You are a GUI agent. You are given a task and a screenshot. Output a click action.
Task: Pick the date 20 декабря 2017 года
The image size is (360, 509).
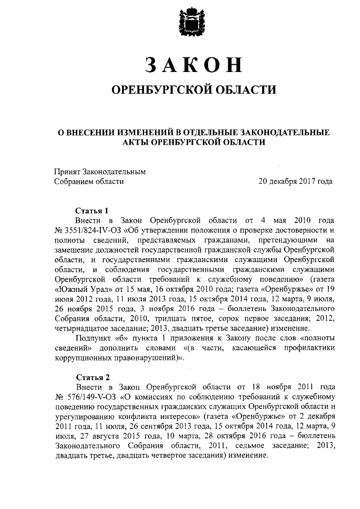[x=295, y=181]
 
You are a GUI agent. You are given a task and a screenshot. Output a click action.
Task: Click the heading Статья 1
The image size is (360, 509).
[x=91, y=211]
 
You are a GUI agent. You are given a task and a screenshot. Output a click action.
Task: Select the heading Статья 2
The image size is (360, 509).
[x=91, y=376]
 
